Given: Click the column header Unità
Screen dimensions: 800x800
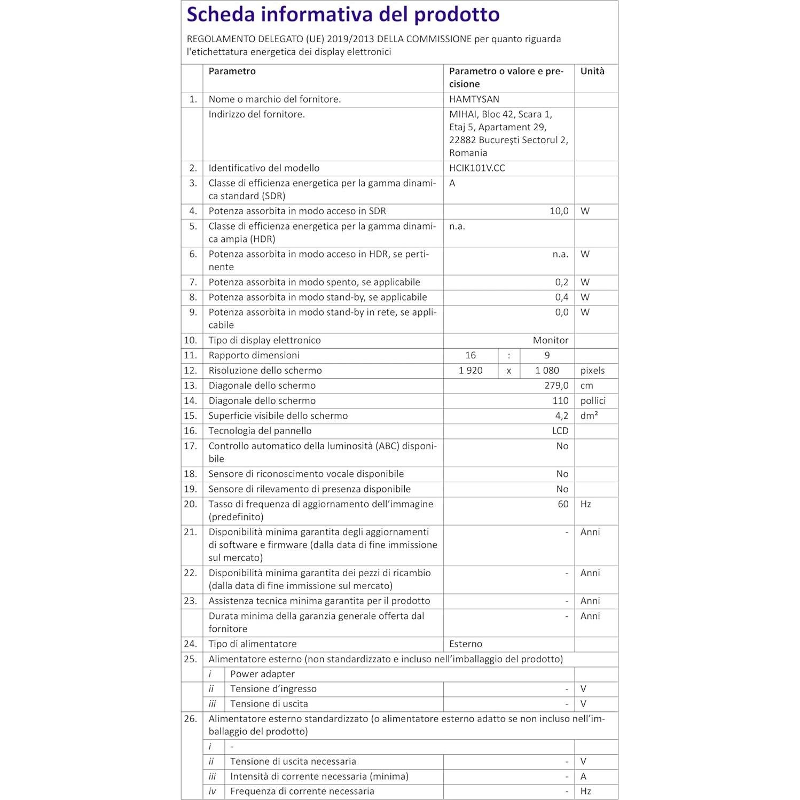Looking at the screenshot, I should click(592, 71).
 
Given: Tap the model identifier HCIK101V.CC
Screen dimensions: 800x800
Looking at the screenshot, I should click(477, 168).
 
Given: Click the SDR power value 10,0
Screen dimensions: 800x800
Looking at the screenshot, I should click(559, 211).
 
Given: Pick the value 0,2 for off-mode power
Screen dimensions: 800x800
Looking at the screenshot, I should click(561, 282).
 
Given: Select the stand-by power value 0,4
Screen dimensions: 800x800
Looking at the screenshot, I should click(561, 297).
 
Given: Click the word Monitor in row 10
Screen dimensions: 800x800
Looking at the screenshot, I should click(551, 340).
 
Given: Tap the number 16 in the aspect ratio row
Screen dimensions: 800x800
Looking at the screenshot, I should click(470, 355).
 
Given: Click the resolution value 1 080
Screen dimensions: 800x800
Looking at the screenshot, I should click(547, 371).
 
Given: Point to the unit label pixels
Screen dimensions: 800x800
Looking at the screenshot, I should click(593, 371).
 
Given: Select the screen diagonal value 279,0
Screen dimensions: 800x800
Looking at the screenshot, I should click(556, 386).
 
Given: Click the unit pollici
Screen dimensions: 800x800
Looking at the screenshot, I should click(593, 401).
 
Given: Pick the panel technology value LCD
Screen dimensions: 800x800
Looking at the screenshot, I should click(560, 431).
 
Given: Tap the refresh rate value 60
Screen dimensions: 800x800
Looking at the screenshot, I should click(563, 504).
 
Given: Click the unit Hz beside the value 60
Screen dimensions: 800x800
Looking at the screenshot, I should click(586, 504).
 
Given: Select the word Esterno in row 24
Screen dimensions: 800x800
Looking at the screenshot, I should click(466, 644).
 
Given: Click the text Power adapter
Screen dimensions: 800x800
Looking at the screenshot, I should click(262, 674).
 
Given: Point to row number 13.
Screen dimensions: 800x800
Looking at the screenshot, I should click(190, 386).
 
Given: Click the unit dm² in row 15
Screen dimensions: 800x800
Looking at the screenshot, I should click(589, 415).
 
